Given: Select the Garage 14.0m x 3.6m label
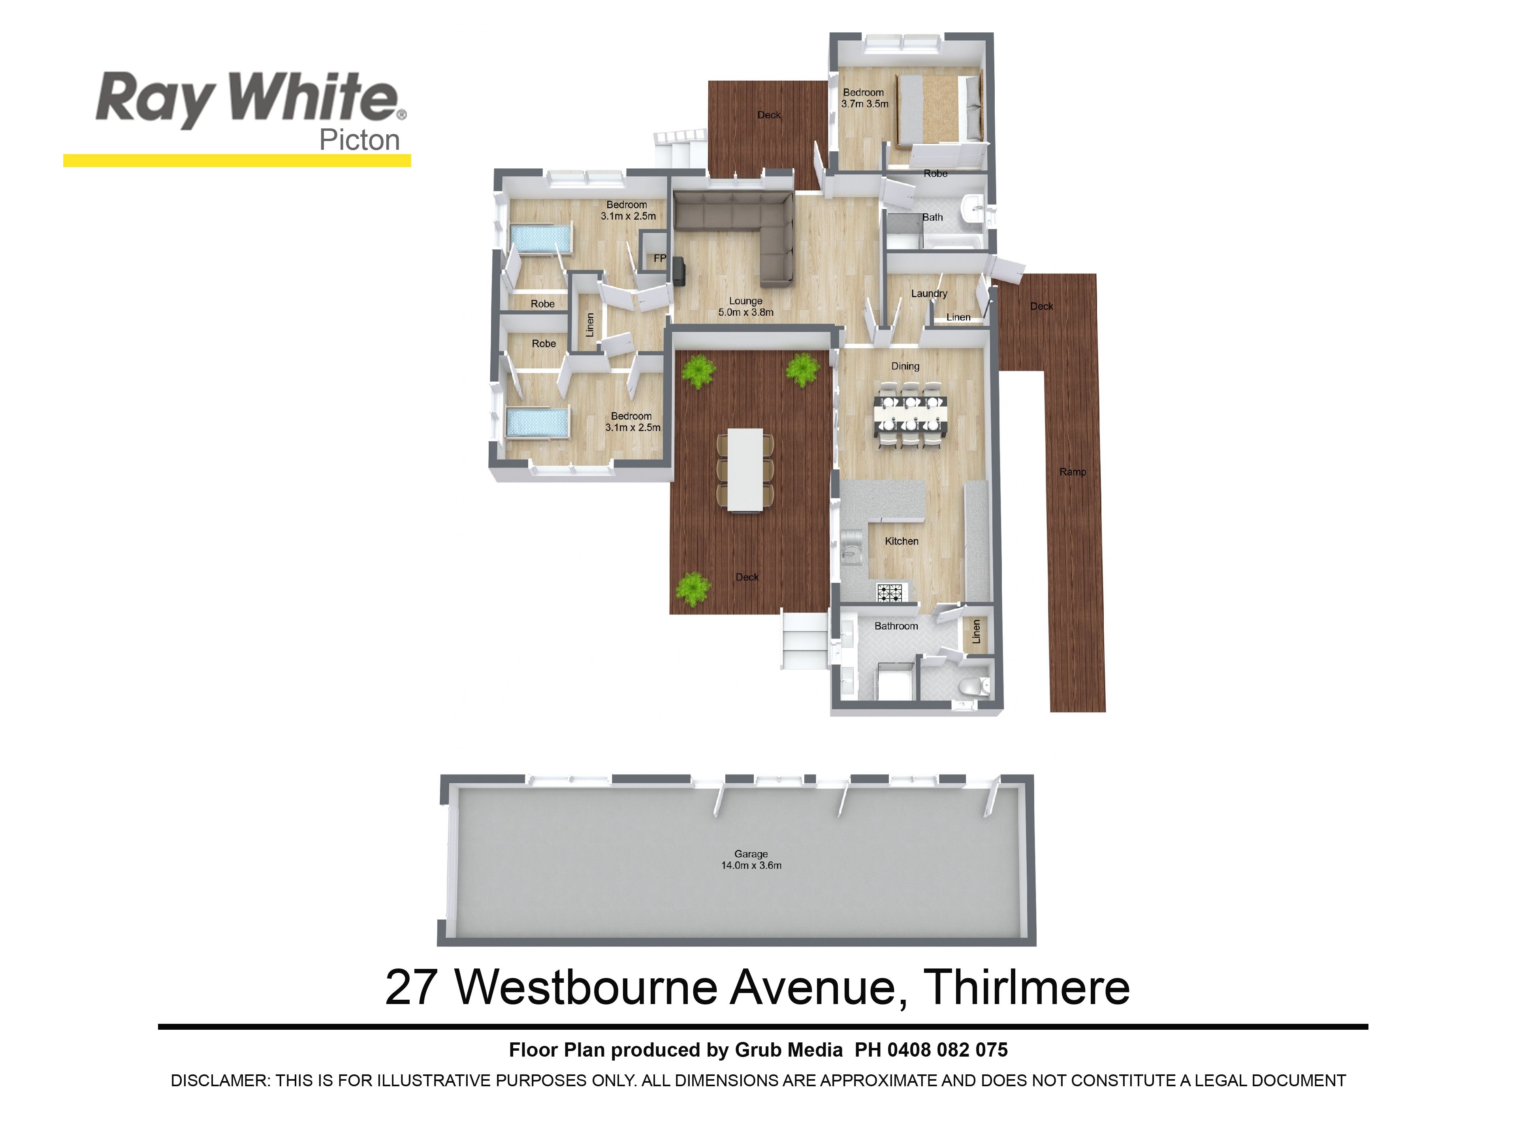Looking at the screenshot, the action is pos(751,859).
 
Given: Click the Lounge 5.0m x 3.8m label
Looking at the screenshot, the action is pos(745,307).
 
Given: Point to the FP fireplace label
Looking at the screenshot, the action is pos(660,258).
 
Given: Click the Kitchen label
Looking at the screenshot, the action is pos(901,541).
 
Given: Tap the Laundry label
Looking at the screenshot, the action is pos(929,294).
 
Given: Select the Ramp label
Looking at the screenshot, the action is pos(1073,472).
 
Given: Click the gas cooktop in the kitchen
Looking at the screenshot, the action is pos(892,592).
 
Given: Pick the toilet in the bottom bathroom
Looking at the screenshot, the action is pos(974,685).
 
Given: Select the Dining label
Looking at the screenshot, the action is pos(905,366).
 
